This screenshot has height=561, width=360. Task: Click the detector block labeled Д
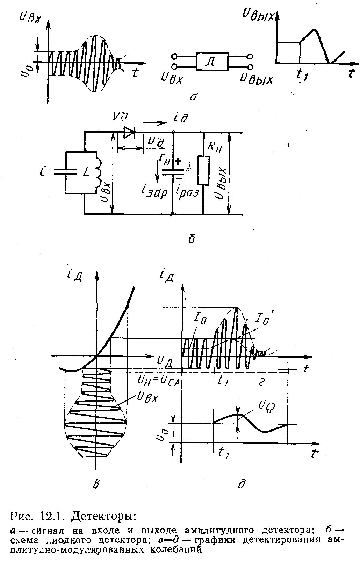212,62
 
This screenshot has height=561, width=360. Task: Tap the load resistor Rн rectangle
203,170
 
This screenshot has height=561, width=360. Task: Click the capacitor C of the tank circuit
66,171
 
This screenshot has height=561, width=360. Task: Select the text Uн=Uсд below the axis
159,381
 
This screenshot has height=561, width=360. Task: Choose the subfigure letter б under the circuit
191,239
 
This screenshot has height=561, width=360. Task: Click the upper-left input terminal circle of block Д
174,56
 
